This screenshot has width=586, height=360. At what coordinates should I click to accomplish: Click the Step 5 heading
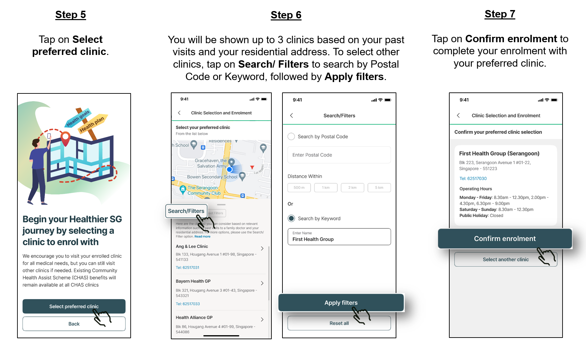[70, 15]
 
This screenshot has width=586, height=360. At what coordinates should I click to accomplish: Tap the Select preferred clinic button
[74, 306]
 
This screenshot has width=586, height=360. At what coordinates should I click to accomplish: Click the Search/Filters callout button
[186, 211]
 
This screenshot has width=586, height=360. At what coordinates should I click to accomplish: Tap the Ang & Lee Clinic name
[192, 246]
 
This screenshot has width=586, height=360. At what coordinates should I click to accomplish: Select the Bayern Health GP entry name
[193, 281]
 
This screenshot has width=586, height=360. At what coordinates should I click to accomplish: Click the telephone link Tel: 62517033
[188, 304]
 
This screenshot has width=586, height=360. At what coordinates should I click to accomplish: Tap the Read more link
[202, 237]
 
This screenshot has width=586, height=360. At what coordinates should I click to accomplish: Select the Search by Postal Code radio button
[291, 137]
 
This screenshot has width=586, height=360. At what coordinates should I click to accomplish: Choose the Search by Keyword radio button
[291, 218]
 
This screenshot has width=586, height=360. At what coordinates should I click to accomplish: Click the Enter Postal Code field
[339, 155]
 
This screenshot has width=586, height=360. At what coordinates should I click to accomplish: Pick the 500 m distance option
[299, 188]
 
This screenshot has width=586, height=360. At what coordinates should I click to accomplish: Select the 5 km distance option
[379, 188]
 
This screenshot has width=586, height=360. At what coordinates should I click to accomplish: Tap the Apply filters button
[341, 303]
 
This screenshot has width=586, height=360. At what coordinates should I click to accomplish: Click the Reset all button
[339, 323]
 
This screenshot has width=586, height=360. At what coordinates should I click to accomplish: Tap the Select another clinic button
[505, 260]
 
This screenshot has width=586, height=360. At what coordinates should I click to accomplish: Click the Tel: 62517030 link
[473, 179]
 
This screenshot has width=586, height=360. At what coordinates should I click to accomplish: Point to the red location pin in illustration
[66, 138]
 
